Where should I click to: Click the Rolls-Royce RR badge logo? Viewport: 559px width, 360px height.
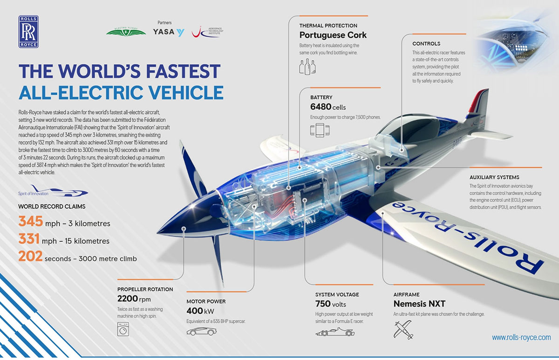click(x=28, y=32)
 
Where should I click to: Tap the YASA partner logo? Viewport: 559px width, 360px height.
click(x=169, y=32)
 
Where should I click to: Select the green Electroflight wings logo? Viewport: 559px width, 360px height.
click(x=126, y=32)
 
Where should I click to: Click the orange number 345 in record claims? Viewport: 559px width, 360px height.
click(x=31, y=221)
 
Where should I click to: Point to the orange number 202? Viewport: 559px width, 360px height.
click(x=30, y=256)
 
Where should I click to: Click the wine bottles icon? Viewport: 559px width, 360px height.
click(x=307, y=67)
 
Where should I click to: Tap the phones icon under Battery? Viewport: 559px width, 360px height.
click(x=320, y=130)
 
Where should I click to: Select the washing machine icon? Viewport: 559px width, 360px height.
click(x=123, y=329)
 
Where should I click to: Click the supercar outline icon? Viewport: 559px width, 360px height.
click(x=201, y=331)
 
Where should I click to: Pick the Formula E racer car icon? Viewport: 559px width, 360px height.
click(x=335, y=332)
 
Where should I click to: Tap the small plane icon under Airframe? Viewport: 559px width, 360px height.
click(x=403, y=330)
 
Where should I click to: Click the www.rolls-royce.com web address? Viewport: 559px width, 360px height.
click(x=521, y=337)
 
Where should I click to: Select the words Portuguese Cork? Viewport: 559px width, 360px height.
click(x=333, y=35)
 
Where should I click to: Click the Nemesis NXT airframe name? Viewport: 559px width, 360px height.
click(x=419, y=304)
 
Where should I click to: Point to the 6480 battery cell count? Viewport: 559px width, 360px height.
click(x=320, y=107)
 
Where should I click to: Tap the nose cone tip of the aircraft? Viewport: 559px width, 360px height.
click(x=158, y=233)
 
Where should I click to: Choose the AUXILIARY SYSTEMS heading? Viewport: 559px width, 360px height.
click(x=494, y=177)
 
